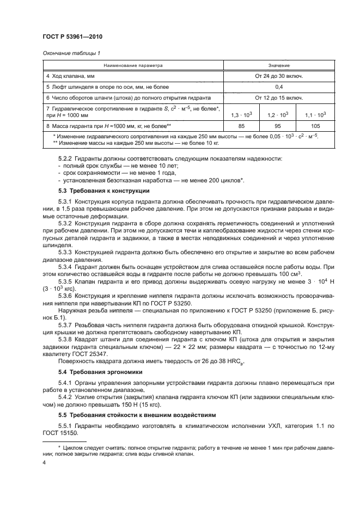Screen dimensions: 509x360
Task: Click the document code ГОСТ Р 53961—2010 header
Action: coord(72,36)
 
